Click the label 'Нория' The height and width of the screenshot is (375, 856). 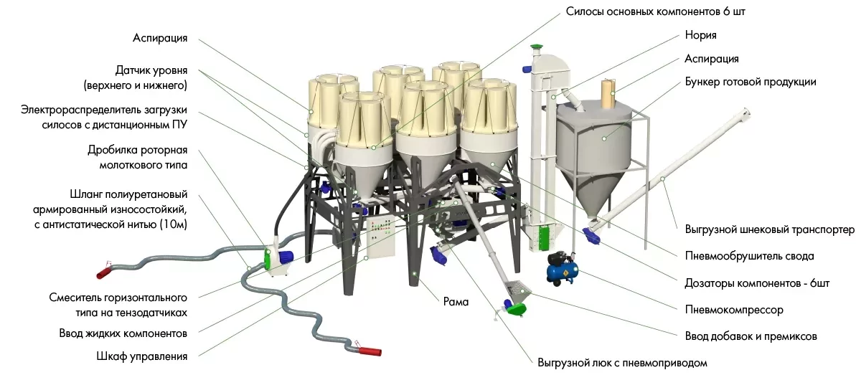pos(700,34)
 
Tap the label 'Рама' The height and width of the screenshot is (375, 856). pos(456,303)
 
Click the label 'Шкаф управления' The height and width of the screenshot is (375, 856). pos(141,356)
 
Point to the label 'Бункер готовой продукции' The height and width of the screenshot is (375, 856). pos(751,82)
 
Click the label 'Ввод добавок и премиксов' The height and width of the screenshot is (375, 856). pos(751,336)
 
